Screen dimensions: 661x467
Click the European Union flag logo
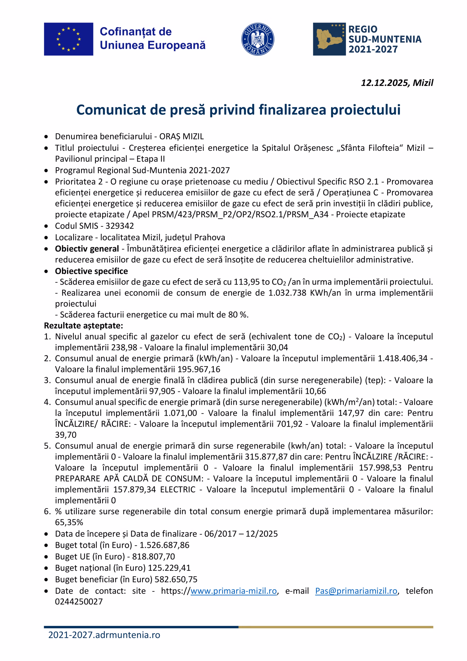click(x=68, y=39)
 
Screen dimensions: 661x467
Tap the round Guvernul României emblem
click(x=257, y=39)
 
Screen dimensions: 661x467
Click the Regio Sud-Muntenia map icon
click(x=329, y=39)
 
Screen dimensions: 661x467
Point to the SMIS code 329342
click(x=119, y=226)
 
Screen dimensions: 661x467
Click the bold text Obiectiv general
click(x=87, y=249)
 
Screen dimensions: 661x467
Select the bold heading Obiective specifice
click(x=92, y=271)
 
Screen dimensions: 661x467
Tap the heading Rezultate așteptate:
click(x=83, y=326)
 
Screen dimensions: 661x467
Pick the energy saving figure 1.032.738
click(x=287, y=293)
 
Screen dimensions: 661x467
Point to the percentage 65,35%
click(x=69, y=523)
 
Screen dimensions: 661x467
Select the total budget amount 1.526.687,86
click(x=164, y=545)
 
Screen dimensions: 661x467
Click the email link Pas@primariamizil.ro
click(x=356, y=591)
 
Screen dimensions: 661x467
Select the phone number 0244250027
click(x=79, y=602)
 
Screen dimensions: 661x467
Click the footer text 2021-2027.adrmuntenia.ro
click(x=104, y=635)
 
